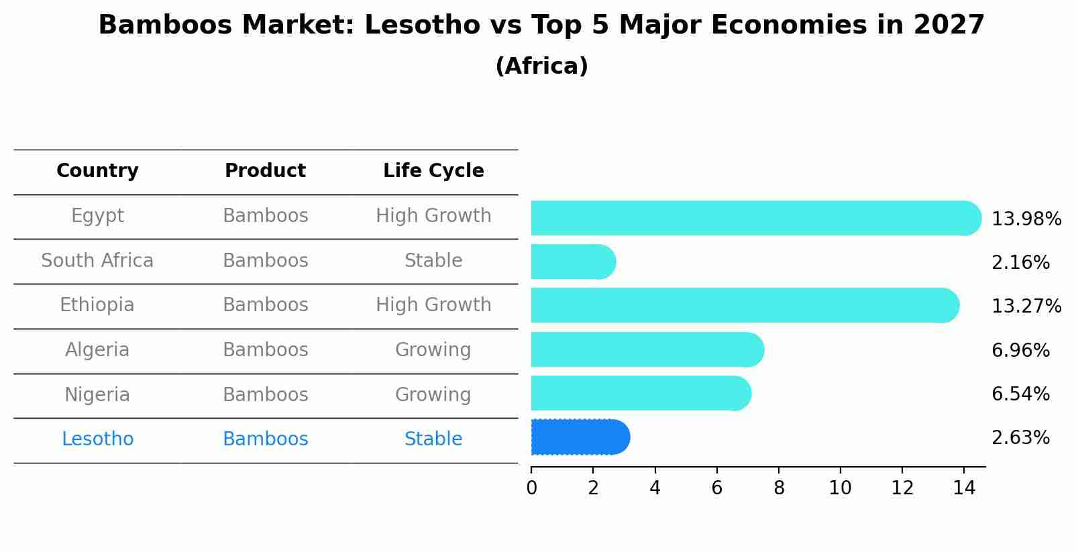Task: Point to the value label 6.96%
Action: [x=1020, y=350]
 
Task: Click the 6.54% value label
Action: [x=1020, y=394]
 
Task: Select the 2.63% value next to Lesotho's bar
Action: [x=1020, y=438]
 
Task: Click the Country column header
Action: [x=97, y=171]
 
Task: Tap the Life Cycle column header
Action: [x=433, y=171]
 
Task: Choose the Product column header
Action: [x=265, y=171]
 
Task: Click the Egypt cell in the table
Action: [x=97, y=216]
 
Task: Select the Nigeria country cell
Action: [x=97, y=394]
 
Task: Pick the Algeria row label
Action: [x=97, y=350]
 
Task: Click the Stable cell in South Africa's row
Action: [x=433, y=261]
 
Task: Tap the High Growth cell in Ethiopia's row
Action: [x=433, y=305]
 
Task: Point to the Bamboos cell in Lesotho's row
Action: [x=265, y=439]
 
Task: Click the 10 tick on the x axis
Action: [x=840, y=488]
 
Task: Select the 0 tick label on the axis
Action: [x=531, y=488]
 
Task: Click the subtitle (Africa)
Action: [x=541, y=66]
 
